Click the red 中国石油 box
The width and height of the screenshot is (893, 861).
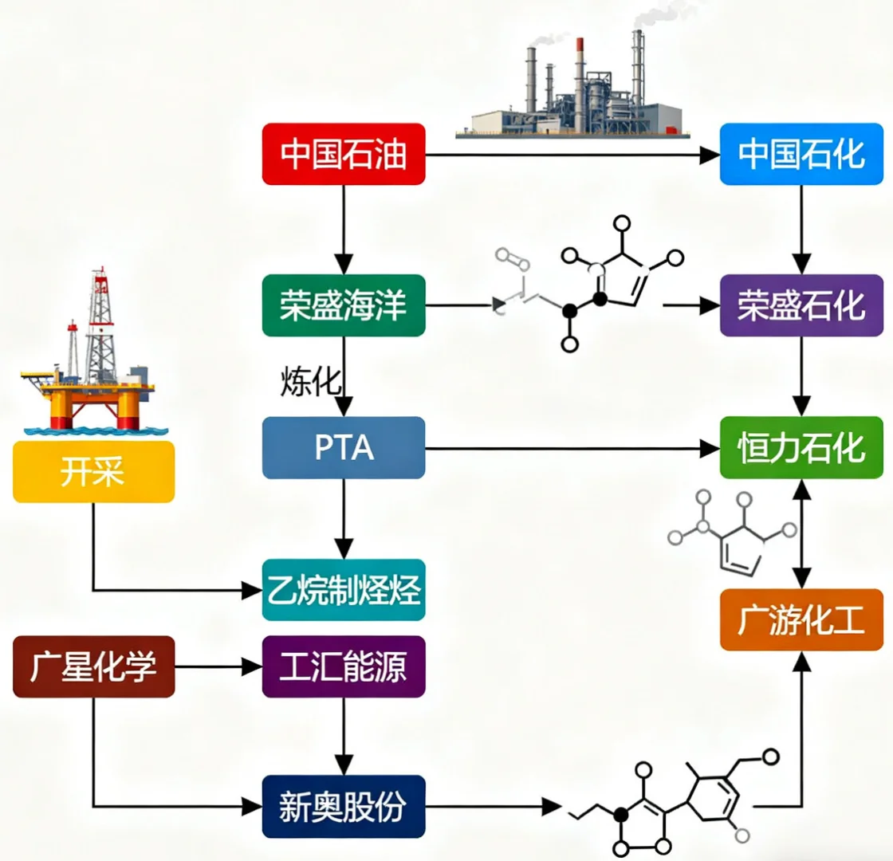(x=344, y=155)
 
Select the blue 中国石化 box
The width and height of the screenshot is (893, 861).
(x=801, y=155)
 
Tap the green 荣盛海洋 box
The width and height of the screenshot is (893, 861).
(x=344, y=305)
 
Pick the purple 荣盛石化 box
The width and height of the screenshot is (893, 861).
(x=801, y=305)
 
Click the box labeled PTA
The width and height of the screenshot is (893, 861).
(x=344, y=447)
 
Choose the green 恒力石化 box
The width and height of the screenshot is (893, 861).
(x=801, y=447)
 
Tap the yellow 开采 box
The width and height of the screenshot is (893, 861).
(x=93, y=472)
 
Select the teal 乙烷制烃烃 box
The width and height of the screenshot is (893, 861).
(x=344, y=590)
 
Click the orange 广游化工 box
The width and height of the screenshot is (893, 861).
(x=801, y=620)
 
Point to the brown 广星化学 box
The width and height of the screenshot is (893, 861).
(x=93, y=666)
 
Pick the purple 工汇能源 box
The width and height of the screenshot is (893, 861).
(x=344, y=666)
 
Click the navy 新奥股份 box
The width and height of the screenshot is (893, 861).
(x=344, y=808)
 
